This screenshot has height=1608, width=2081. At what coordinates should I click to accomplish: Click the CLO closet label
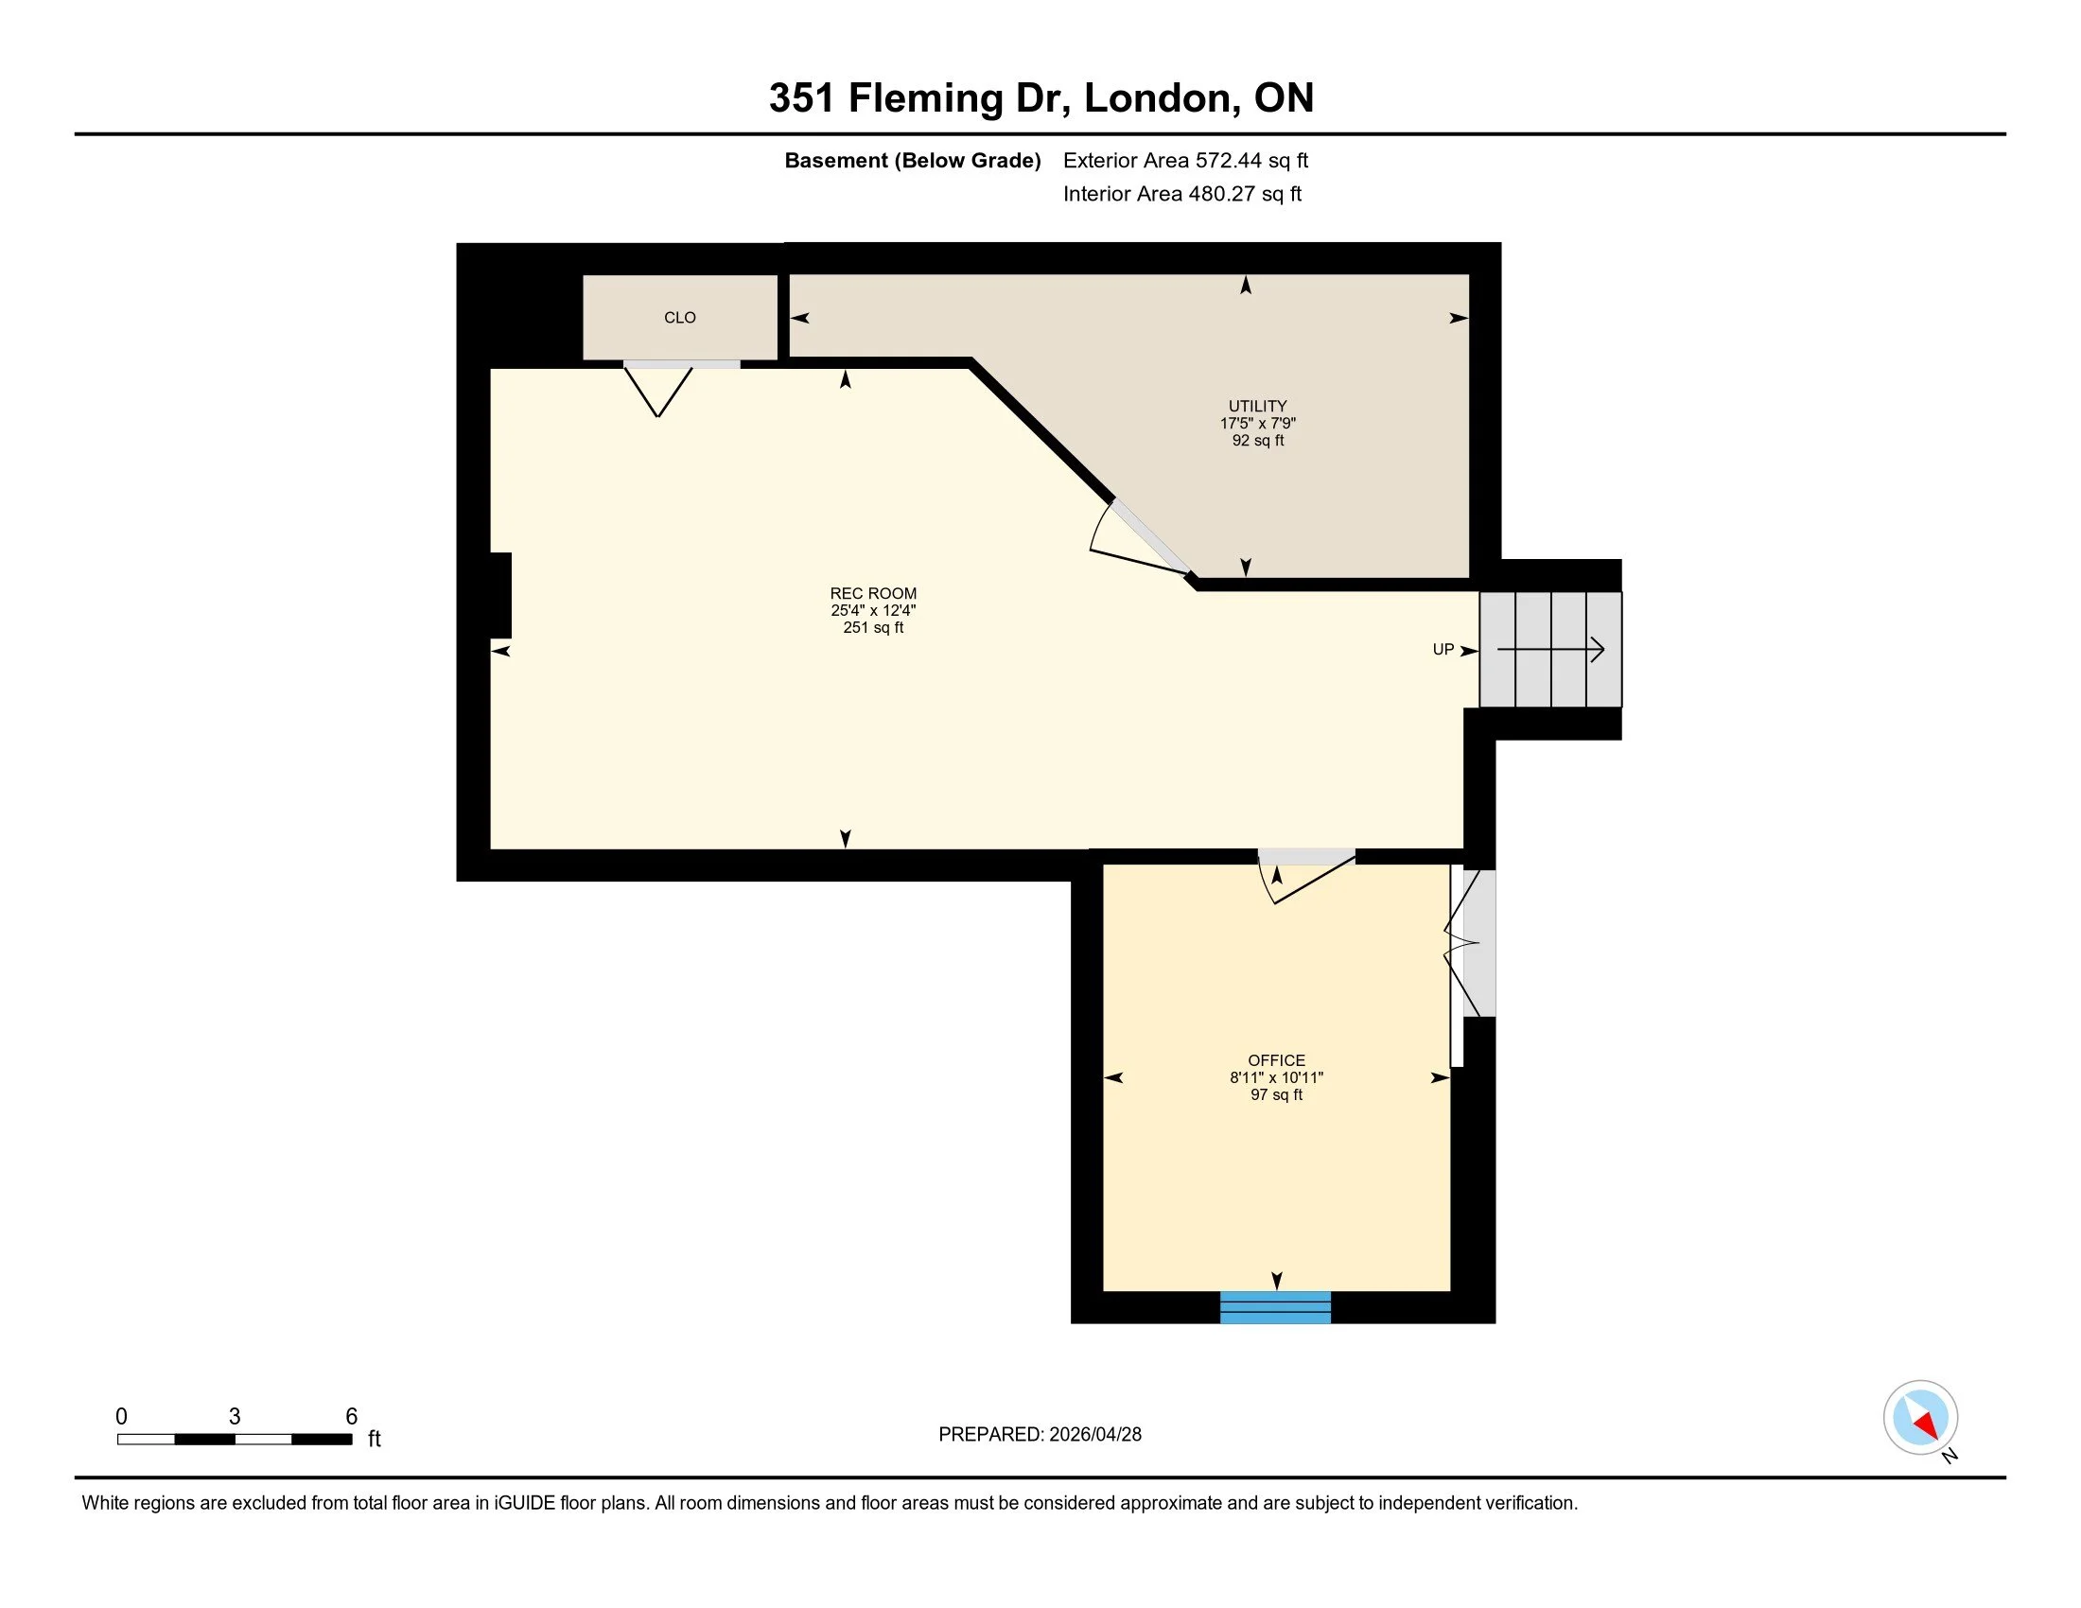679,317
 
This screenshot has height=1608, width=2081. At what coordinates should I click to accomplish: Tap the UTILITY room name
1257,406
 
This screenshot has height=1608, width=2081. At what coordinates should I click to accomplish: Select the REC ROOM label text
873,593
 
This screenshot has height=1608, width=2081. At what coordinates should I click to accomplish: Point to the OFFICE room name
1276,1060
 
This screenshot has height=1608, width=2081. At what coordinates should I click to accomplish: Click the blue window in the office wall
1275,1308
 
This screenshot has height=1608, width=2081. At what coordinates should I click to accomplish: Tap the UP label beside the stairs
1443,650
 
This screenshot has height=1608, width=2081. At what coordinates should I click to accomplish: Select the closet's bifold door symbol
658,391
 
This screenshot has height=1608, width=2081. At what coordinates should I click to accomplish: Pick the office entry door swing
1305,877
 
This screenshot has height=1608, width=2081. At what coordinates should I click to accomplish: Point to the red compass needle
1926,1425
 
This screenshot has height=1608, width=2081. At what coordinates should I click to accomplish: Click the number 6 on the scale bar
351,1417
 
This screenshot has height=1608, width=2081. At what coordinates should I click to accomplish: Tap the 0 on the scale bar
121,1417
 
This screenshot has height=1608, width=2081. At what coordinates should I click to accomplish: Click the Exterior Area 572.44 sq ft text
1184,160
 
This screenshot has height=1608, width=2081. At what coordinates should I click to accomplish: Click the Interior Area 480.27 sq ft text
1181,194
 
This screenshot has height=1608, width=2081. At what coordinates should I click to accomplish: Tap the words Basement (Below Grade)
912,160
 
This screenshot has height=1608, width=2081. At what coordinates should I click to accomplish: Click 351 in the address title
801,98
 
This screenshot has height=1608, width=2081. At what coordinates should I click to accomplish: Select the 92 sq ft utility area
1257,441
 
